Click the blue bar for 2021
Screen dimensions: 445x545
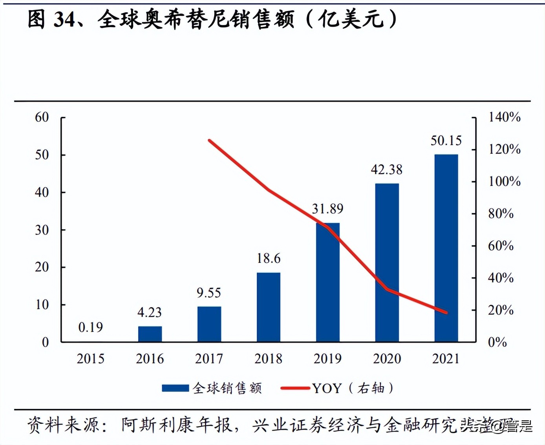tap(446, 248)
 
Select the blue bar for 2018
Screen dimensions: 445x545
tap(269, 307)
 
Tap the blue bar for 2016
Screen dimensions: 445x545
tap(150, 334)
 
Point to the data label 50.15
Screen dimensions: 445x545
tap(446, 140)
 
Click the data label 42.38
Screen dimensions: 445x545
tap(387, 170)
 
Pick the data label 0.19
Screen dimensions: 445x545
tap(90, 327)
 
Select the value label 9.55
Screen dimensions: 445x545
tap(209, 293)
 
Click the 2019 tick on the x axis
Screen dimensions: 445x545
tap(327, 358)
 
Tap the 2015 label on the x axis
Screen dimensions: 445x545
tap(90, 358)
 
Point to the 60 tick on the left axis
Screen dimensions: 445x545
tap(42, 117)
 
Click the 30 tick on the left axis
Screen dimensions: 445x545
tap(42, 230)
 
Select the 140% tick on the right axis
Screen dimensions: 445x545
tap(504, 117)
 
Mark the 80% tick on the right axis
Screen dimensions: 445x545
tap(501, 213)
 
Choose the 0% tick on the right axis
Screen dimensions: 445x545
tap(497, 342)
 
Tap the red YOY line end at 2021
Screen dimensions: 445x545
tap(446, 312)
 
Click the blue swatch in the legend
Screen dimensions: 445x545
tap(175, 388)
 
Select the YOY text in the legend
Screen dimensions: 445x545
tap(327, 388)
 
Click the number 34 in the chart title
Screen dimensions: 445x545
tap(64, 19)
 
